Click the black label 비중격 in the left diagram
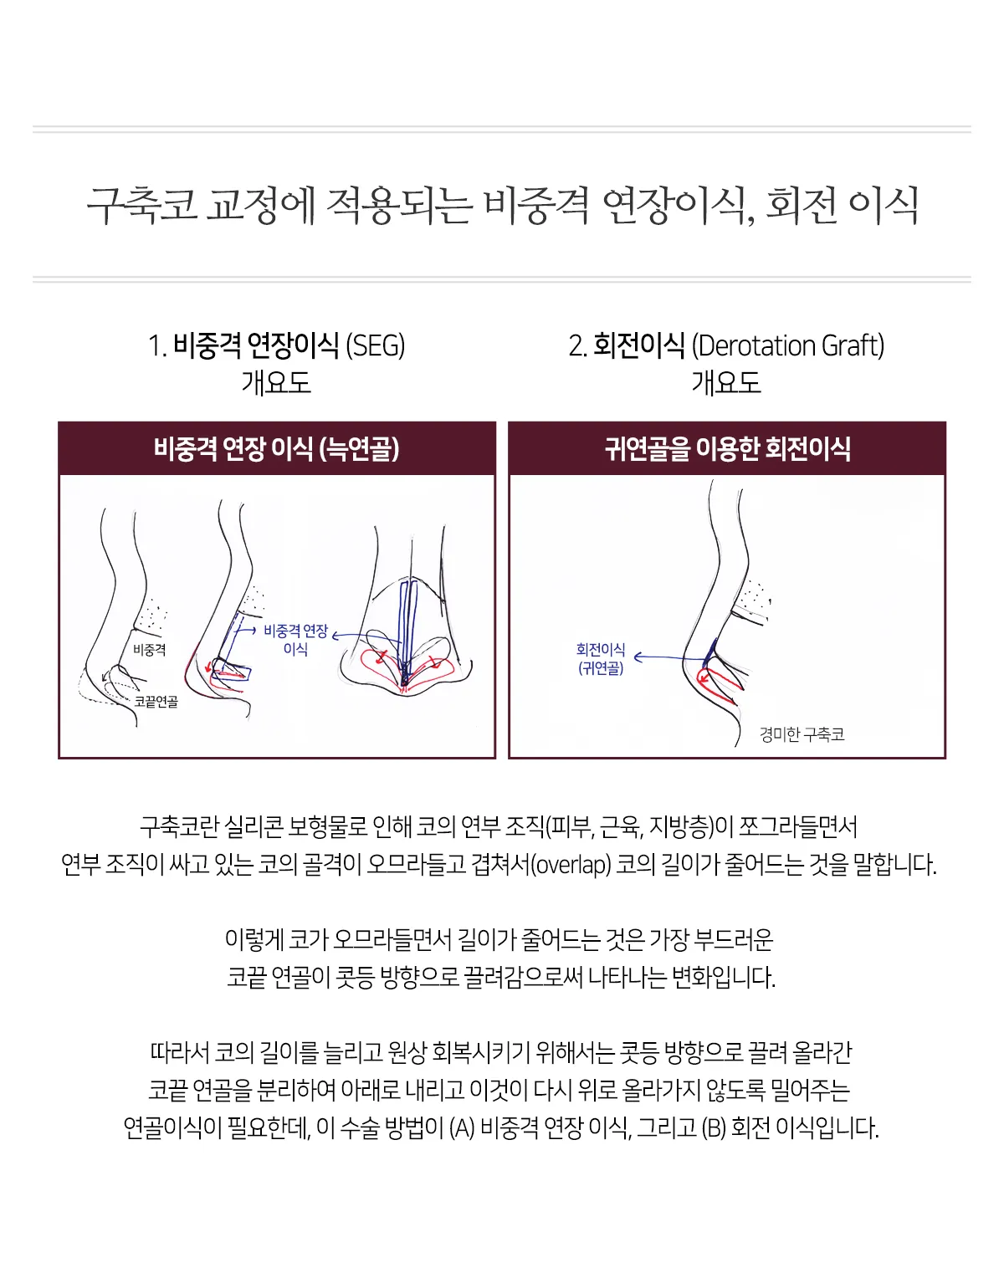150,650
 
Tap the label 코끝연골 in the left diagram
156,702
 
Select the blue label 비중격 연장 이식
296,640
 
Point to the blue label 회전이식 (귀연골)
601,659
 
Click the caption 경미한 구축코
802,734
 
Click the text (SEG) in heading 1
375,346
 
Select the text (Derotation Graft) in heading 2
788,346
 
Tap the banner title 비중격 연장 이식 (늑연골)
276,449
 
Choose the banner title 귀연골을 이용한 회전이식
727,449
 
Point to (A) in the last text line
462,1128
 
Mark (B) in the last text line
714,1128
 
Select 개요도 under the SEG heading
276,382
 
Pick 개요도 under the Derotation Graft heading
726,382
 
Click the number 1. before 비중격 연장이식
157,346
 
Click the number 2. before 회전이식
577,346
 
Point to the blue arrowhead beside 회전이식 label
638,657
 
